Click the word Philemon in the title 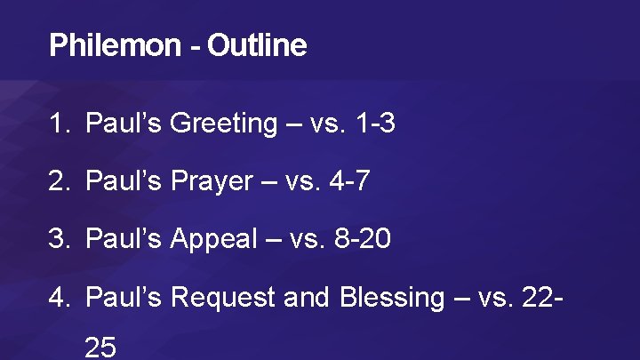point(114,45)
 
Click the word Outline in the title point(257,45)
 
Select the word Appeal point(212,239)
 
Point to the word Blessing point(391,297)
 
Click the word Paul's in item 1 point(124,124)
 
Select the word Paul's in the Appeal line point(124,239)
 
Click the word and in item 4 point(308,297)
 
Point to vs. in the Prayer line point(300,181)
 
